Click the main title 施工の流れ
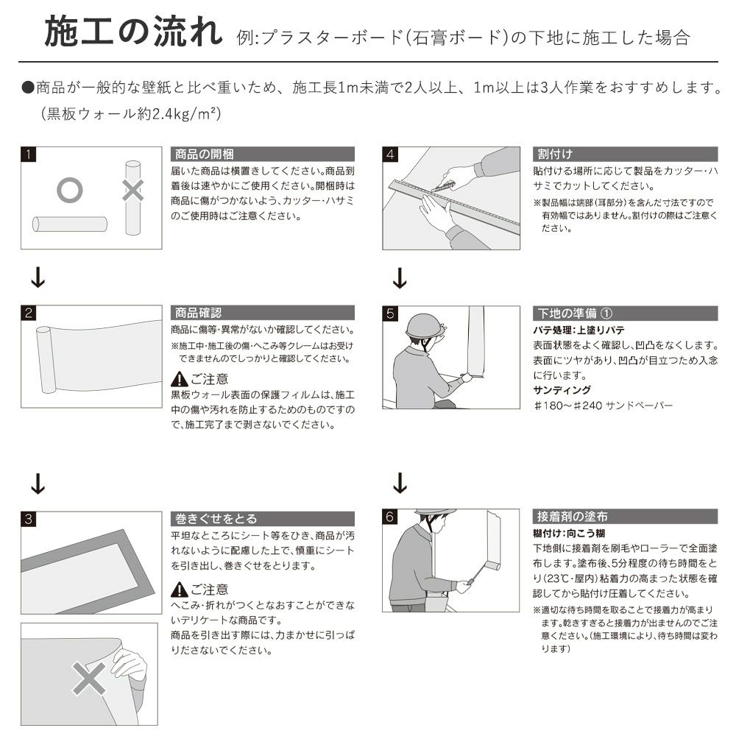134,32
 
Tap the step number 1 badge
29,155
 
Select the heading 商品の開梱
204,154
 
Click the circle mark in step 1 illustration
69,190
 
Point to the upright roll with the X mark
132,197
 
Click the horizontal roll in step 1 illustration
70,224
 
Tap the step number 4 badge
391,155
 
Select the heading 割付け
555,154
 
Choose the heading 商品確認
198,313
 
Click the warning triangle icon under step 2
180,379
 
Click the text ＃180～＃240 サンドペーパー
604,405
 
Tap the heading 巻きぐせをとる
216,519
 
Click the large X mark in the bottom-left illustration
89,679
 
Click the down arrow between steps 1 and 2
38,277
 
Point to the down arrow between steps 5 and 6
400,483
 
